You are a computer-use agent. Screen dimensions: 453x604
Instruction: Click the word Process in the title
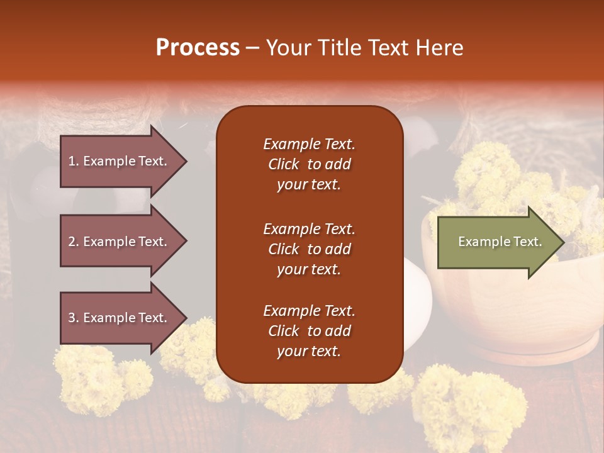click(198, 48)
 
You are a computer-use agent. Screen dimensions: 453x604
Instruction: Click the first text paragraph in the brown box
click(309, 164)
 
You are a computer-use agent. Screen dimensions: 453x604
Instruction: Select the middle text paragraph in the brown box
click(309, 249)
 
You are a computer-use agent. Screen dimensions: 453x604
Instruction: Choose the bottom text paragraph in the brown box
click(309, 331)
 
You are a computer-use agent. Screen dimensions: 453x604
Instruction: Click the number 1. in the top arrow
click(74, 161)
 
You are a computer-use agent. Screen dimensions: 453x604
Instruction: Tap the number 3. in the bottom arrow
click(74, 318)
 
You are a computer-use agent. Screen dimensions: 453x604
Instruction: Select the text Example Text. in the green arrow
click(500, 242)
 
